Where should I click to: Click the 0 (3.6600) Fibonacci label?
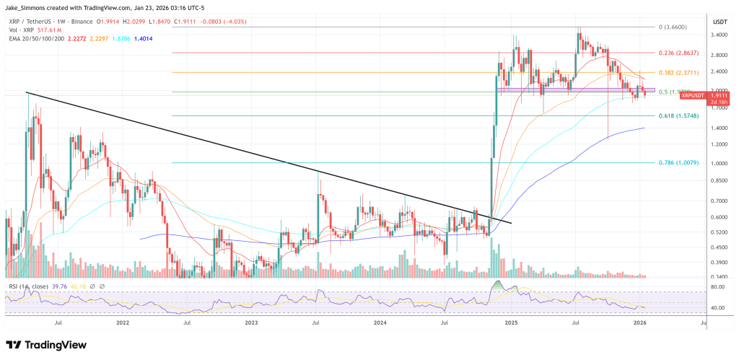[677, 27]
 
